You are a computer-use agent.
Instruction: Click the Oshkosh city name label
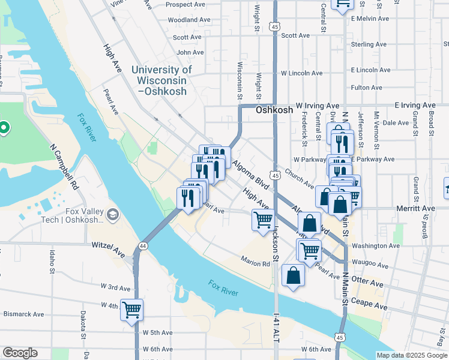click(x=274, y=110)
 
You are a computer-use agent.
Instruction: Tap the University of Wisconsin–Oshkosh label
click(x=161, y=80)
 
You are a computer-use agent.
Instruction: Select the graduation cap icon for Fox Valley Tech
click(x=112, y=214)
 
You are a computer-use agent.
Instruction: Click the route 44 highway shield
click(x=143, y=246)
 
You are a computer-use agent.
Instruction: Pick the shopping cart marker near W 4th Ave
click(x=131, y=311)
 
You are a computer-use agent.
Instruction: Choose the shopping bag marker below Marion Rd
click(x=294, y=276)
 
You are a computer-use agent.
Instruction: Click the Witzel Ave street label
click(x=108, y=246)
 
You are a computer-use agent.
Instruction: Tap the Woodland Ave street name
click(x=189, y=20)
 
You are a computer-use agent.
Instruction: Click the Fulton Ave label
click(x=366, y=88)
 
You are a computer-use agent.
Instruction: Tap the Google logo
click(x=20, y=353)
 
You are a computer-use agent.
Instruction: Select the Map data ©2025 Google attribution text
click(x=412, y=355)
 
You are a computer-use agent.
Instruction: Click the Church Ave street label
click(x=300, y=179)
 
